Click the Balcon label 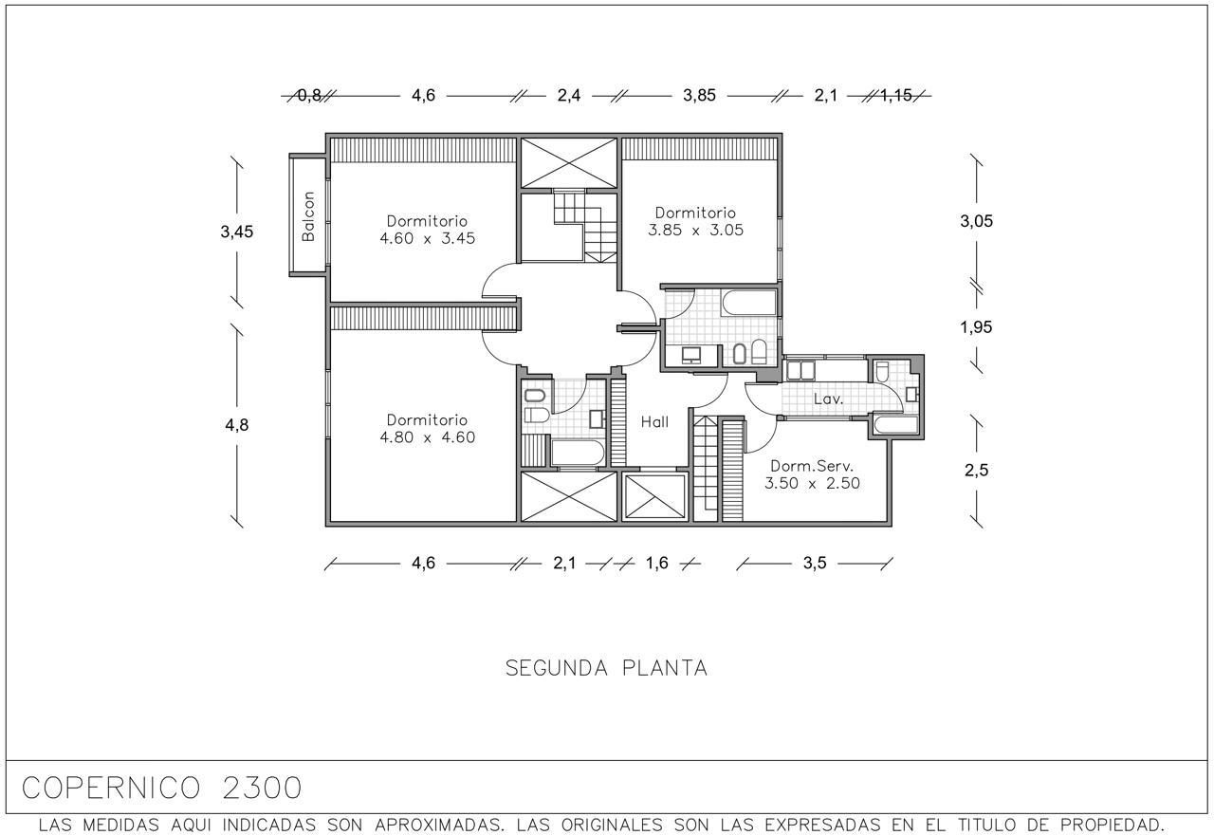pos(308,216)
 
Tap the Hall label pos(654,422)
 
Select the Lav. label pos(828,399)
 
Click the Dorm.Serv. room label pos(812,466)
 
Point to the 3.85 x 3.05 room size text pos(695,230)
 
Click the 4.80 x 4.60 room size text pos(427,437)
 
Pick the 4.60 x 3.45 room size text pos(427,238)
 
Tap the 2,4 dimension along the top pos(569,96)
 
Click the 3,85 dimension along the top pos(699,96)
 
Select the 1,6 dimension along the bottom pos(657,564)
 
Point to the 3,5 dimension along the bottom pos(815,564)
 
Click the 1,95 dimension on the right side pos(976,327)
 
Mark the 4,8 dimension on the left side pos(237,424)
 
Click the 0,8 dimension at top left pos(309,96)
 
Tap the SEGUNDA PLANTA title pos(606,668)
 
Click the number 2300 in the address pos(262,788)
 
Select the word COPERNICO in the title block pos(111,788)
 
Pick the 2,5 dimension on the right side pos(976,470)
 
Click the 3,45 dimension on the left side pos(237,232)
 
